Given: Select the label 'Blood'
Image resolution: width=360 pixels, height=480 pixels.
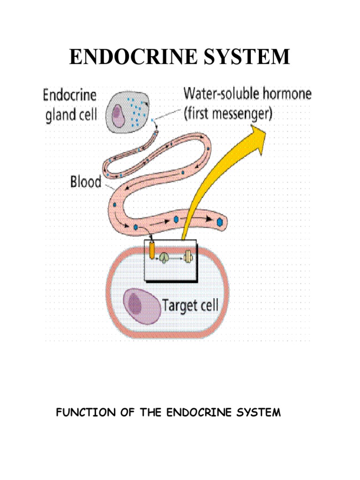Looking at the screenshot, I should click(85, 181).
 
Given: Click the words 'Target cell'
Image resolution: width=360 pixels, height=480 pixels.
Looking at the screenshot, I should click(190, 306).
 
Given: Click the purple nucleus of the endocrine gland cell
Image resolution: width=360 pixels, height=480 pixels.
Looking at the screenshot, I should click(118, 115).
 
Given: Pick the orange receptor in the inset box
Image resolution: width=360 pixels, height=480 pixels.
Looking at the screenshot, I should click(152, 250).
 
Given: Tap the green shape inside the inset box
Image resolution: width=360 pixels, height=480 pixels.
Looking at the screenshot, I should click(165, 257).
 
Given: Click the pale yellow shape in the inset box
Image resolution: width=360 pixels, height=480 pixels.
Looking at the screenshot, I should click(187, 256).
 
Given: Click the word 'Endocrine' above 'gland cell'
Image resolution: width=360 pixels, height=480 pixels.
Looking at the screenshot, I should click(70, 96).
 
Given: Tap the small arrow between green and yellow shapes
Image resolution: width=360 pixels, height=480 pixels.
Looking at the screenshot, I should click(177, 257).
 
